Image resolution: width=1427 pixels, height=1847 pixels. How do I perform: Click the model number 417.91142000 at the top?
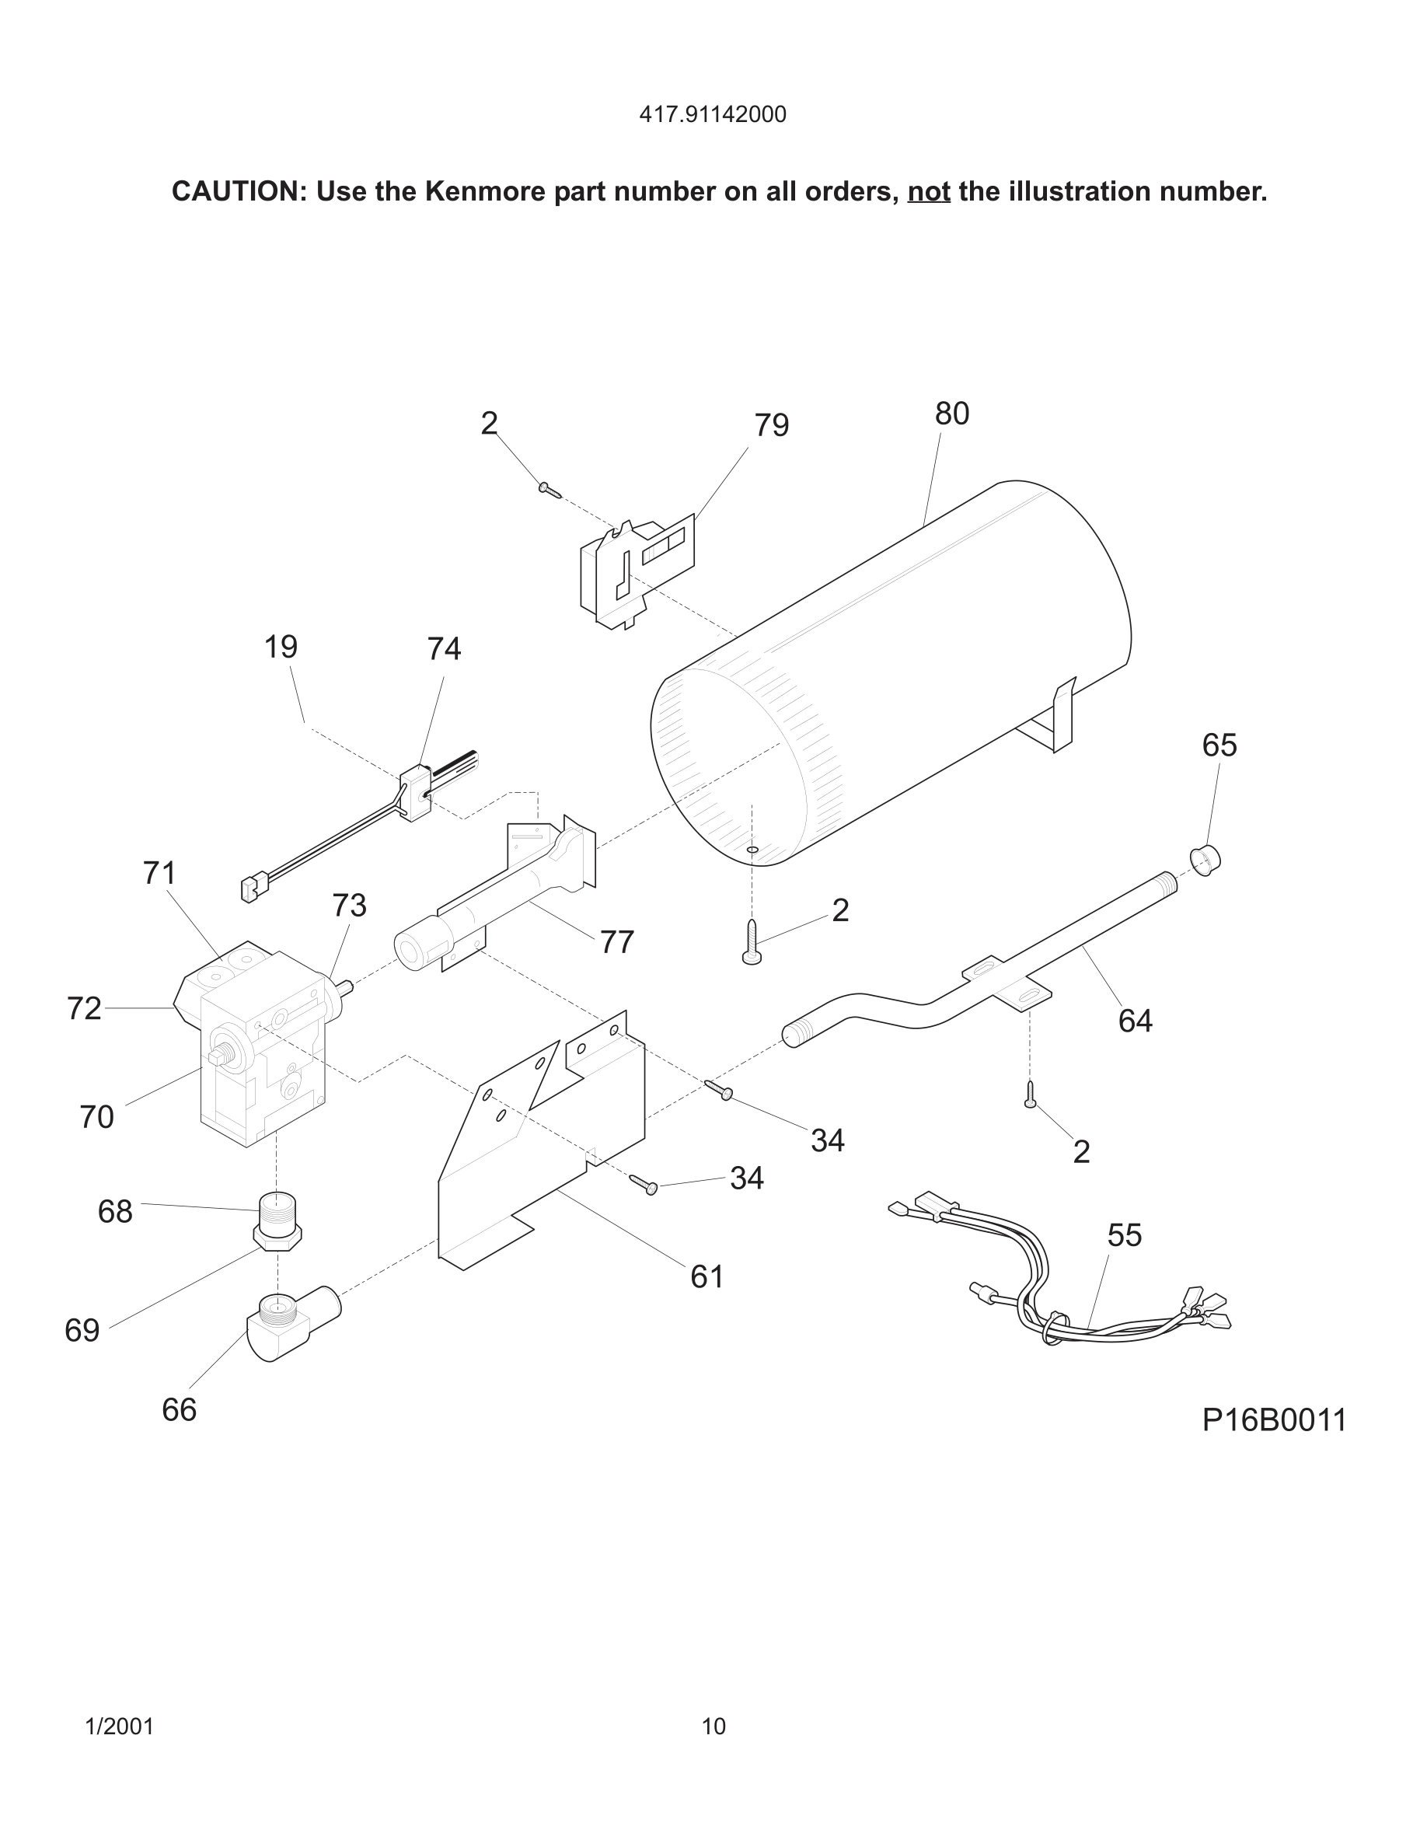point(713,114)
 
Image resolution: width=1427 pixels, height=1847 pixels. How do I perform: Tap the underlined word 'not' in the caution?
point(928,192)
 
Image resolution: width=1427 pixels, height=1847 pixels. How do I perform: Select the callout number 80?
point(951,414)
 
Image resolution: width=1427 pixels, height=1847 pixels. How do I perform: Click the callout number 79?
point(771,425)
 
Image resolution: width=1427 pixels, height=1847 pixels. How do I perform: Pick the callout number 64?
point(1135,1021)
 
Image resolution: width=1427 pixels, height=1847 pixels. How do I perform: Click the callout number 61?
point(707,1276)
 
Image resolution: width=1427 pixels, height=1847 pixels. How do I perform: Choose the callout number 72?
point(84,1008)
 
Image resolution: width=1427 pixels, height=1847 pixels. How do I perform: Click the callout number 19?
point(281,647)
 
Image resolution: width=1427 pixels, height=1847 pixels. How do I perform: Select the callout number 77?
point(616,942)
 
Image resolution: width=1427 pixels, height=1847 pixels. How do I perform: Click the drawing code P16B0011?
point(1274,1420)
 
